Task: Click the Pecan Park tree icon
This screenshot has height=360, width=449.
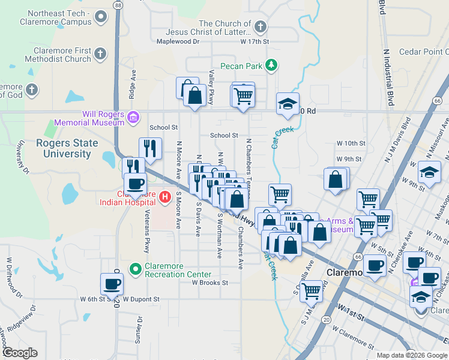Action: click(x=272, y=64)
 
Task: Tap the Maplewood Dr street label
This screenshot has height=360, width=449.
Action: click(x=178, y=41)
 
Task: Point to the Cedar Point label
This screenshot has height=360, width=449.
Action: click(x=422, y=52)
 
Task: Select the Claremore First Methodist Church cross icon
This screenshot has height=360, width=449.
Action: click(x=100, y=54)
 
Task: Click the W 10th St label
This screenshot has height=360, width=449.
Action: click(x=351, y=143)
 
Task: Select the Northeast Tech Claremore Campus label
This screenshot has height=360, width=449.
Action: click(x=59, y=17)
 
